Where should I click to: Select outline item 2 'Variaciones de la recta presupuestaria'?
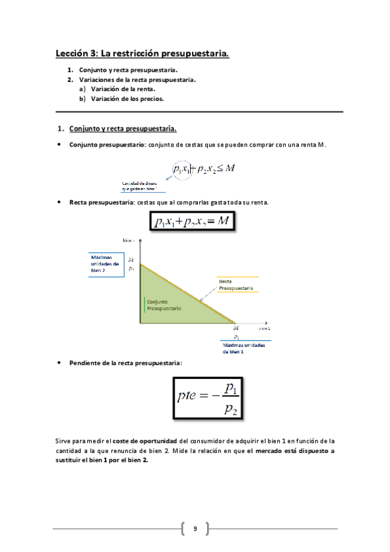[x=137, y=80]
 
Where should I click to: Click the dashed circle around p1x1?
[x=182, y=169]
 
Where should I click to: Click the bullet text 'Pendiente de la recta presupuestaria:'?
[x=126, y=363]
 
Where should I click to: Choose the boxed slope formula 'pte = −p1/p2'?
[x=202, y=399]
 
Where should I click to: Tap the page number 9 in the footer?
[x=195, y=529]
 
